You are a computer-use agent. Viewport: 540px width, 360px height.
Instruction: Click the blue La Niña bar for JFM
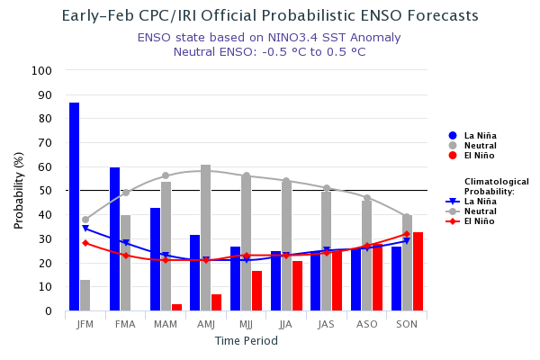pyautogui.click(x=74, y=207)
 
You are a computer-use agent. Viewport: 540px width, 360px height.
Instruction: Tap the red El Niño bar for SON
pyautogui.click(x=418, y=271)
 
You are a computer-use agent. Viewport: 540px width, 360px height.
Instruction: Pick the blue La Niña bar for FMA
pyautogui.click(x=114, y=238)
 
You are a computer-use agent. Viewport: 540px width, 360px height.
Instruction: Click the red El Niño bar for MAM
pyautogui.click(x=176, y=307)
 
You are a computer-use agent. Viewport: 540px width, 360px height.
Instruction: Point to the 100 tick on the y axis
pyautogui.click(x=42, y=70)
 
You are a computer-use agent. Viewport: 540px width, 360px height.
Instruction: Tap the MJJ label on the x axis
pyautogui.click(x=246, y=324)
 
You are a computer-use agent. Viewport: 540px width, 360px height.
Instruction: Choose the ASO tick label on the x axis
pyautogui.click(x=366, y=324)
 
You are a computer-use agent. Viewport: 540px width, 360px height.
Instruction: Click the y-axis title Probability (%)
pyautogui.click(x=19, y=190)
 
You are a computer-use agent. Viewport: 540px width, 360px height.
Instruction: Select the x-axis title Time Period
pyautogui.click(x=246, y=341)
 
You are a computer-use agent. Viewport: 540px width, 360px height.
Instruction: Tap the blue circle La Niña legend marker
pyautogui.click(x=453, y=135)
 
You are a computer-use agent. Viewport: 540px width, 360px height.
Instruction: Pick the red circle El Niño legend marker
pyautogui.click(x=453, y=155)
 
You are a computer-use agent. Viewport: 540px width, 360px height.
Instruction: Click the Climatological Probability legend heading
pyautogui.click(x=496, y=186)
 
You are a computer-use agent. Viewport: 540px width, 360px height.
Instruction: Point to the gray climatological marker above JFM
pyautogui.click(x=85, y=220)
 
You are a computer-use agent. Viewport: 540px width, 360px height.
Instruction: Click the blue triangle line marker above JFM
pyautogui.click(x=85, y=229)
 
